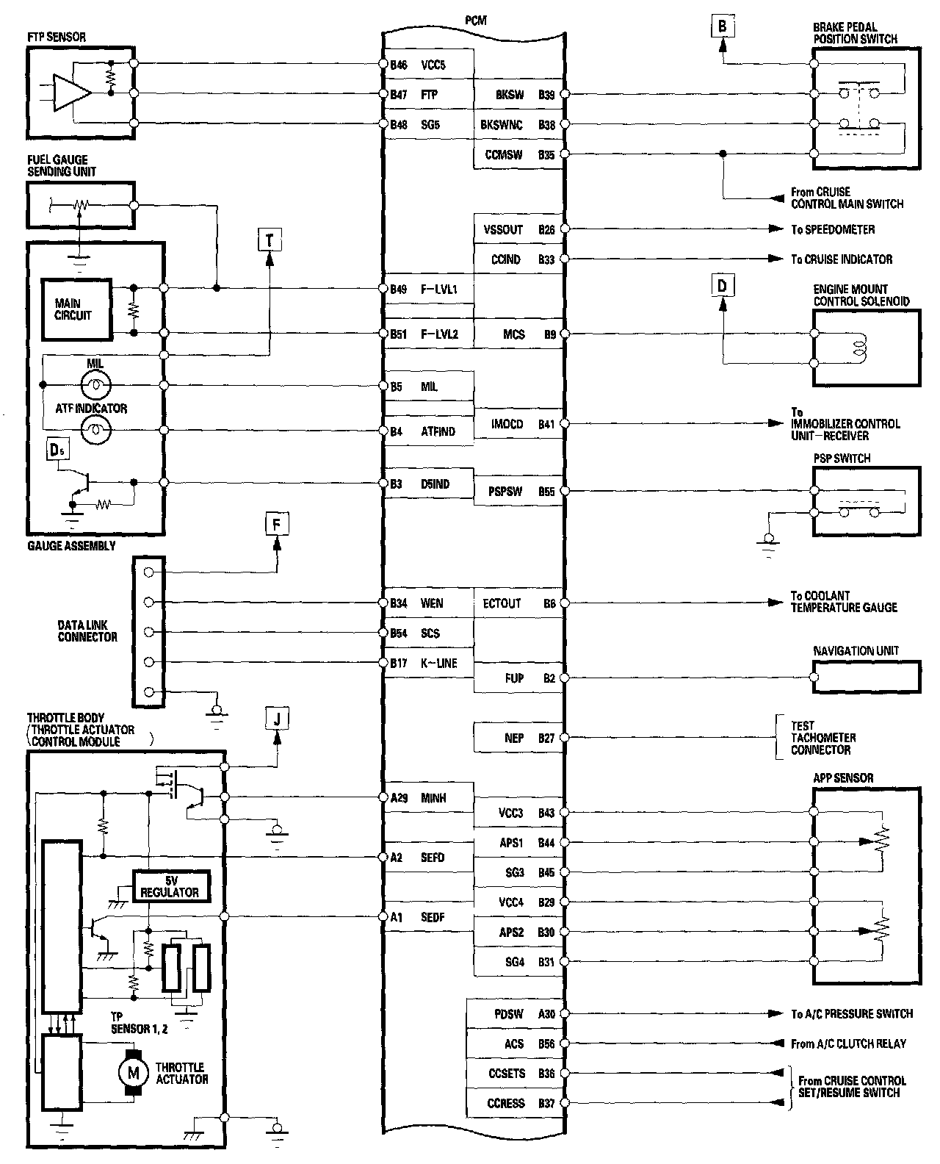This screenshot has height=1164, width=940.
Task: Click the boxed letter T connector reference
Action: (270, 239)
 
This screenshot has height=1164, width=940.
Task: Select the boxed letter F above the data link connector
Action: (277, 525)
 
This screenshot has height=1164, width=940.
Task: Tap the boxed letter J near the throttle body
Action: (277, 719)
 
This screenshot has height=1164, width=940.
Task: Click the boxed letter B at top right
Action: (723, 27)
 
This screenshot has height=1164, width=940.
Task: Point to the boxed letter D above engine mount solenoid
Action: (723, 284)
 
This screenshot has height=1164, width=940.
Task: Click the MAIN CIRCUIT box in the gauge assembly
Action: (76, 309)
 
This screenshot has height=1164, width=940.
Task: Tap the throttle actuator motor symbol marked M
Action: (134, 1073)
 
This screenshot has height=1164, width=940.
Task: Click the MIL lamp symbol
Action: (95, 384)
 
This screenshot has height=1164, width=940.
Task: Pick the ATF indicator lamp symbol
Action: (95, 430)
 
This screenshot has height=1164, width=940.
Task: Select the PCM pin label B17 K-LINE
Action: (424, 663)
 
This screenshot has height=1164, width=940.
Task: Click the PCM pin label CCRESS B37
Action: (521, 1103)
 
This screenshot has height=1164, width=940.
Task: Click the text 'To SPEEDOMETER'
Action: (833, 229)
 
